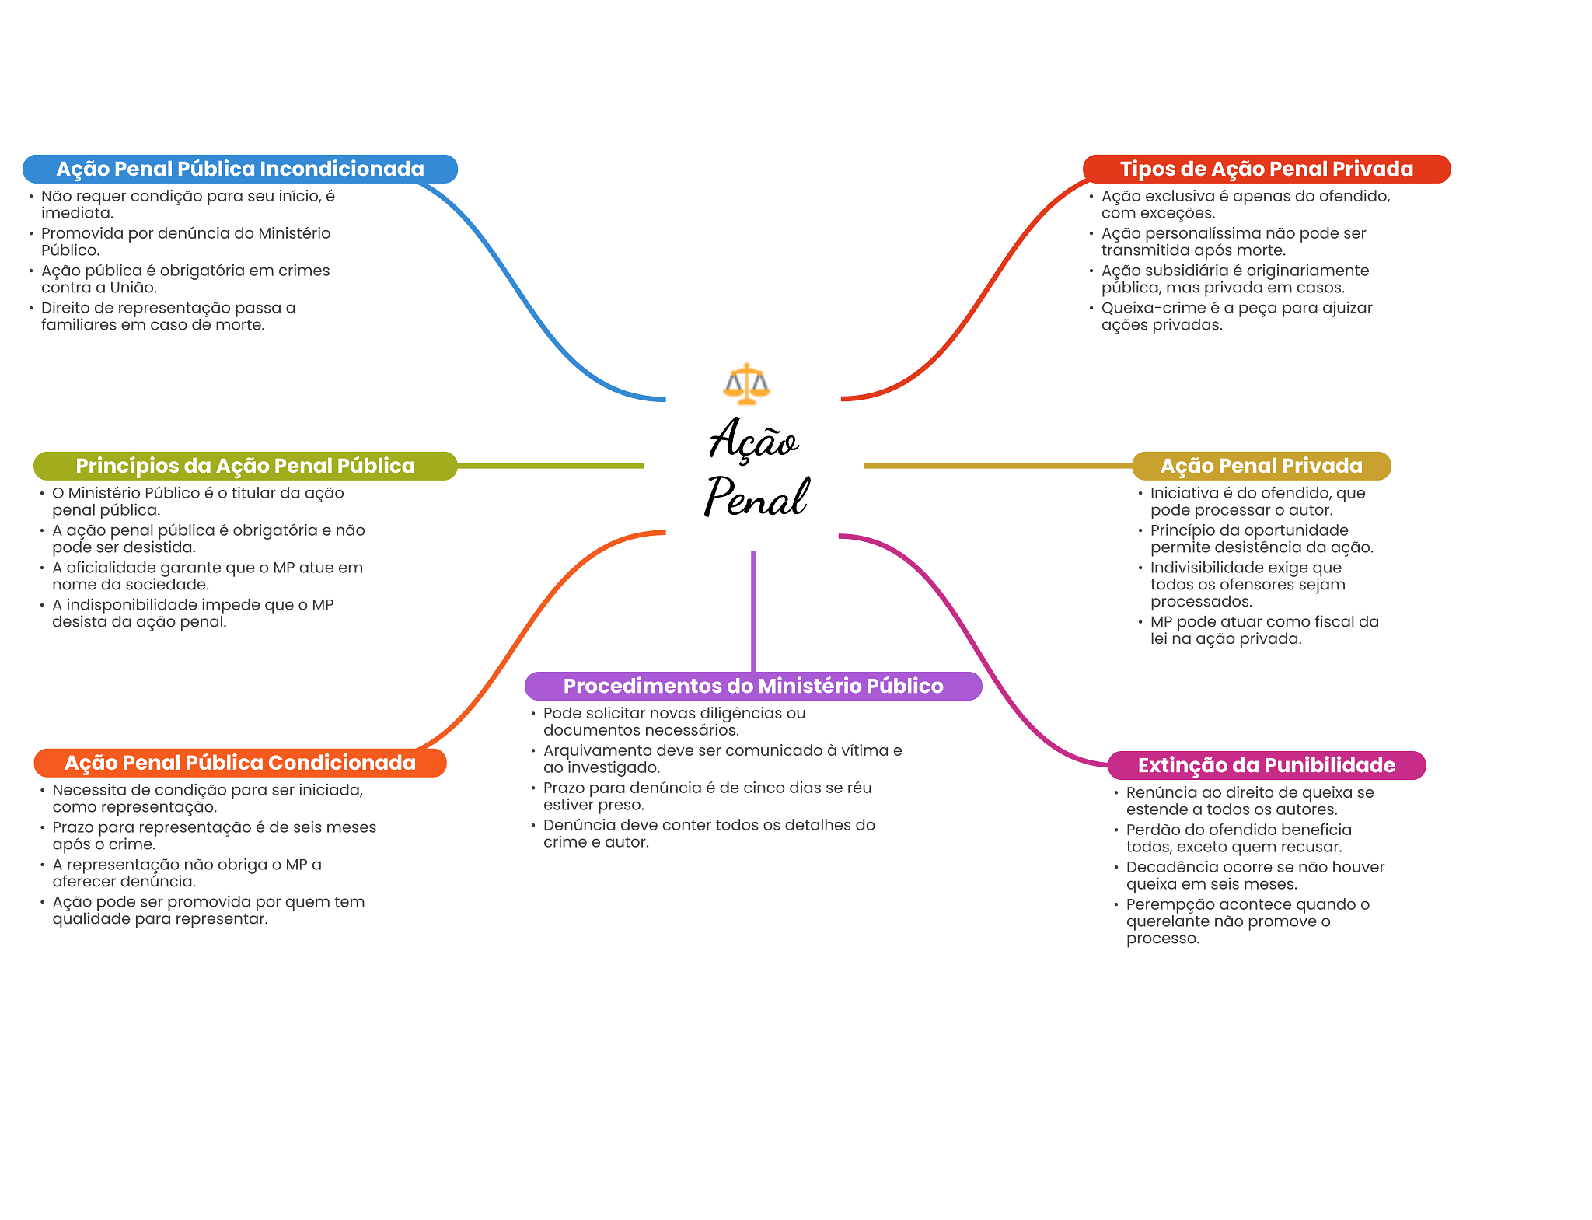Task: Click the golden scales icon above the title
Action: [x=746, y=383]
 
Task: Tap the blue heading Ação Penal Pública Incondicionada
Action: [x=239, y=169]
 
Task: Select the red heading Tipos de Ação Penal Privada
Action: [x=1266, y=169]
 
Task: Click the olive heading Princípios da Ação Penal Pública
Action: [x=245, y=466]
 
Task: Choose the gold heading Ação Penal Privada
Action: [x=1261, y=466]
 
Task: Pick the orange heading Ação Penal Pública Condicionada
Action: [x=239, y=763]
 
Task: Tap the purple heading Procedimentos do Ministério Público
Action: [x=752, y=686]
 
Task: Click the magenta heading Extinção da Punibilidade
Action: [x=1266, y=765]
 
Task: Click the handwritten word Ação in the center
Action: [x=753, y=439]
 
